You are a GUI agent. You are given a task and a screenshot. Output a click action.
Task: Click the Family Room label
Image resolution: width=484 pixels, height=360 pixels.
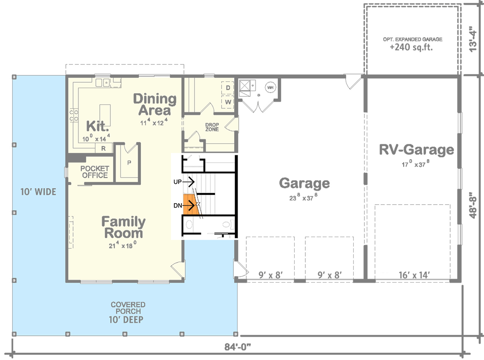click(x=123, y=228)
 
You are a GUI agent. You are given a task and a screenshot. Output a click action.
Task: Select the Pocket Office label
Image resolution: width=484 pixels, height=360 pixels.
click(x=95, y=172)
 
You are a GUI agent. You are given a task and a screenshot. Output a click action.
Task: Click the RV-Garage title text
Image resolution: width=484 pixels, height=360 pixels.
click(x=416, y=150)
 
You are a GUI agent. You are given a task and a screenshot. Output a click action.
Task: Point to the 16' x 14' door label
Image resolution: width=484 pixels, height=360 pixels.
click(x=412, y=275)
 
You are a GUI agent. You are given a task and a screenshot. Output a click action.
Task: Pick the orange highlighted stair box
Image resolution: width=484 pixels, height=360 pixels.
click(x=188, y=204)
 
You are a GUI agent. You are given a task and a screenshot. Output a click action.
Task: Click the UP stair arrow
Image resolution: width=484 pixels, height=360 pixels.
click(x=192, y=182)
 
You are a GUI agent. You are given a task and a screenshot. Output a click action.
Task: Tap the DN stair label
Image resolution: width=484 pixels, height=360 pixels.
click(x=177, y=206)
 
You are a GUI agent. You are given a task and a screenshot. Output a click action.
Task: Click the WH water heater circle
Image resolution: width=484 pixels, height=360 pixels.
click(x=271, y=88)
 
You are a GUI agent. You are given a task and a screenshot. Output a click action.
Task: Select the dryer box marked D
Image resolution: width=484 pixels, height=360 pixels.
click(x=227, y=88)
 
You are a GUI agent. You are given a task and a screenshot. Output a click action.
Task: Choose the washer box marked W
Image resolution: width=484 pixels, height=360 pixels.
click(x=227, y=102)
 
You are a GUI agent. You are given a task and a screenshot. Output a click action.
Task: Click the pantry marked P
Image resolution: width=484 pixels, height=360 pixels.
click(x=129, y=163)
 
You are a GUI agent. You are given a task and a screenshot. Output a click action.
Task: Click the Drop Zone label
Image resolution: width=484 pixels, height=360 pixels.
click(x=212, y=127)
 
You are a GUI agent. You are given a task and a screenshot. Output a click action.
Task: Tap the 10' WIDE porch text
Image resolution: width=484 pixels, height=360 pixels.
click(x=38, y=192)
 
